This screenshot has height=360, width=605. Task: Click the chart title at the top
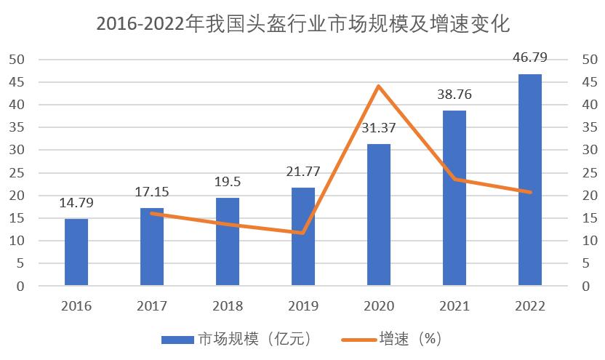pyautogui.click(x=303, y=25)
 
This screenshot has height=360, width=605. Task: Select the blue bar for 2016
pyautogui.click(x=76, y=252)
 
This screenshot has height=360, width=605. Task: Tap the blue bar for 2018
pyautogui.click(x=228, y=241)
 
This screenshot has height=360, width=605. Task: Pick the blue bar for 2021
pyautogui.click(x=454, y=198)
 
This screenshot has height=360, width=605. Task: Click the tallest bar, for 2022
pyautogui.click(x=530, y=180)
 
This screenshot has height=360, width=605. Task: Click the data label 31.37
pyautogui.click(x=379, y=128)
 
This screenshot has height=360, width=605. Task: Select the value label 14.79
pyautogui.click(x=76, y=203)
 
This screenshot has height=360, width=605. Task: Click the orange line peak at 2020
pyautogui.click(x=379, y=86)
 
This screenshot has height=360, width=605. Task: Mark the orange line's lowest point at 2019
pyautogui.click(x=303, y=233)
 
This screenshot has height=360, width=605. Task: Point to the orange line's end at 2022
pyautogui.click(x=530, y=192)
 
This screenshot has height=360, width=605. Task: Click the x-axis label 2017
pyautogui.click(x=152, y=305)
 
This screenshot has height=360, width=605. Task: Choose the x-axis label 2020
pyautogui.click(x=379, y=305)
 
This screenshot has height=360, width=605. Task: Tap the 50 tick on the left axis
pyautogui.click(x=16, y=60)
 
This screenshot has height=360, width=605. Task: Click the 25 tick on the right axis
pyautogui.click(x=590, y=173)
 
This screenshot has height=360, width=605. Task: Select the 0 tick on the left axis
pyautogui.click(x=20, y=287)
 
